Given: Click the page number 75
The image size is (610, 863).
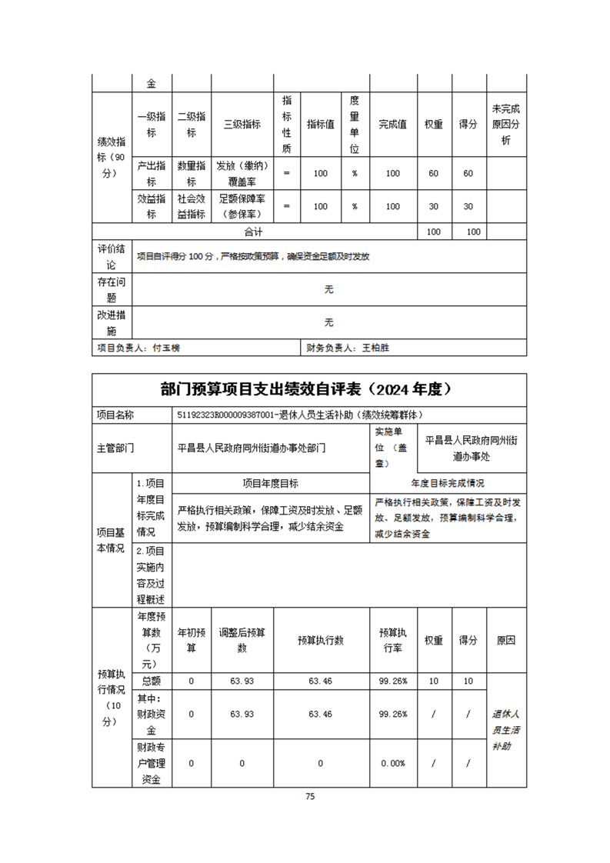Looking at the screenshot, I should pyautogui.click(x=310, y=796).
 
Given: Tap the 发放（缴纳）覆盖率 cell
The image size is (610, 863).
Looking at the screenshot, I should pyautogui.click(x=242, y=173).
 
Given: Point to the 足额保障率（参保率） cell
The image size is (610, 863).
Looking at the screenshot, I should pyautogui.click(x=242, y=206).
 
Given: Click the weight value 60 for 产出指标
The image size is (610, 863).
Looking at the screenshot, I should pyautogui.click(x=433, y=173).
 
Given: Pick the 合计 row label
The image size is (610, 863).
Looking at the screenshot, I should pyautogui.click(x=254, y=232).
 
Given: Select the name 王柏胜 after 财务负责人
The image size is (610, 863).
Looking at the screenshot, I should pyautogui.click(x=376, y=348).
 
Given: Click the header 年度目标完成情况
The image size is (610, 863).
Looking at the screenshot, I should pyautogui.click(x=448, y=483).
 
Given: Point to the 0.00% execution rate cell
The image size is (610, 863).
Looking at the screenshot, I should pyautogui.click(x=393, y=763).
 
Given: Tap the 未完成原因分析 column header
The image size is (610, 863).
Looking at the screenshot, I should pyautogui.click(x=506, y=125).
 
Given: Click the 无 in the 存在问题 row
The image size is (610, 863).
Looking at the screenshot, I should pyautogui.click(x=329, y=289).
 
